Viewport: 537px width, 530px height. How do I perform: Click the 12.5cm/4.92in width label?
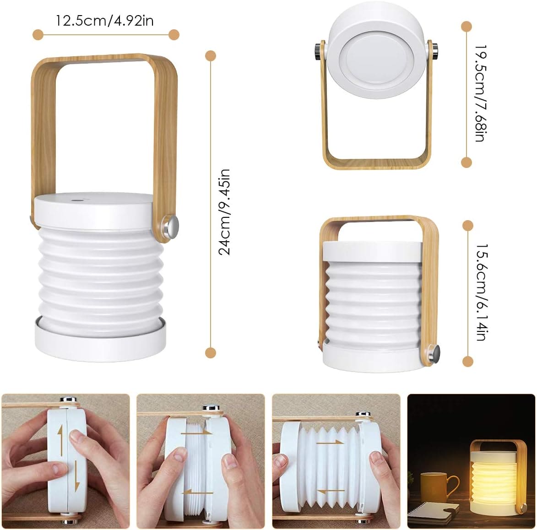coord(105,21)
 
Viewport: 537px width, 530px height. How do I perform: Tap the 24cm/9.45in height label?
coord(224,211)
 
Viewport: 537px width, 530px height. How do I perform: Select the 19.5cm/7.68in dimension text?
coord(479,93)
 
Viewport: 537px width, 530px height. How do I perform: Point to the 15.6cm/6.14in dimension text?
coord(480,292)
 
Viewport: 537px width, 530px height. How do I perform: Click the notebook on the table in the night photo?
coord(433,510)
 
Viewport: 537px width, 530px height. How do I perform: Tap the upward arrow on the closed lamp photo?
coord(60,435)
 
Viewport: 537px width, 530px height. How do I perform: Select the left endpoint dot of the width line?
coord(38,34)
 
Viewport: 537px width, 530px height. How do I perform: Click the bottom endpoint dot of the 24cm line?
coord(211,352)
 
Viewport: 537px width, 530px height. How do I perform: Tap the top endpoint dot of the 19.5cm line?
coord(466,27)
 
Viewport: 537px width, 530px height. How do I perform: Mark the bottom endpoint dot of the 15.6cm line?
coord(467,362)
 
